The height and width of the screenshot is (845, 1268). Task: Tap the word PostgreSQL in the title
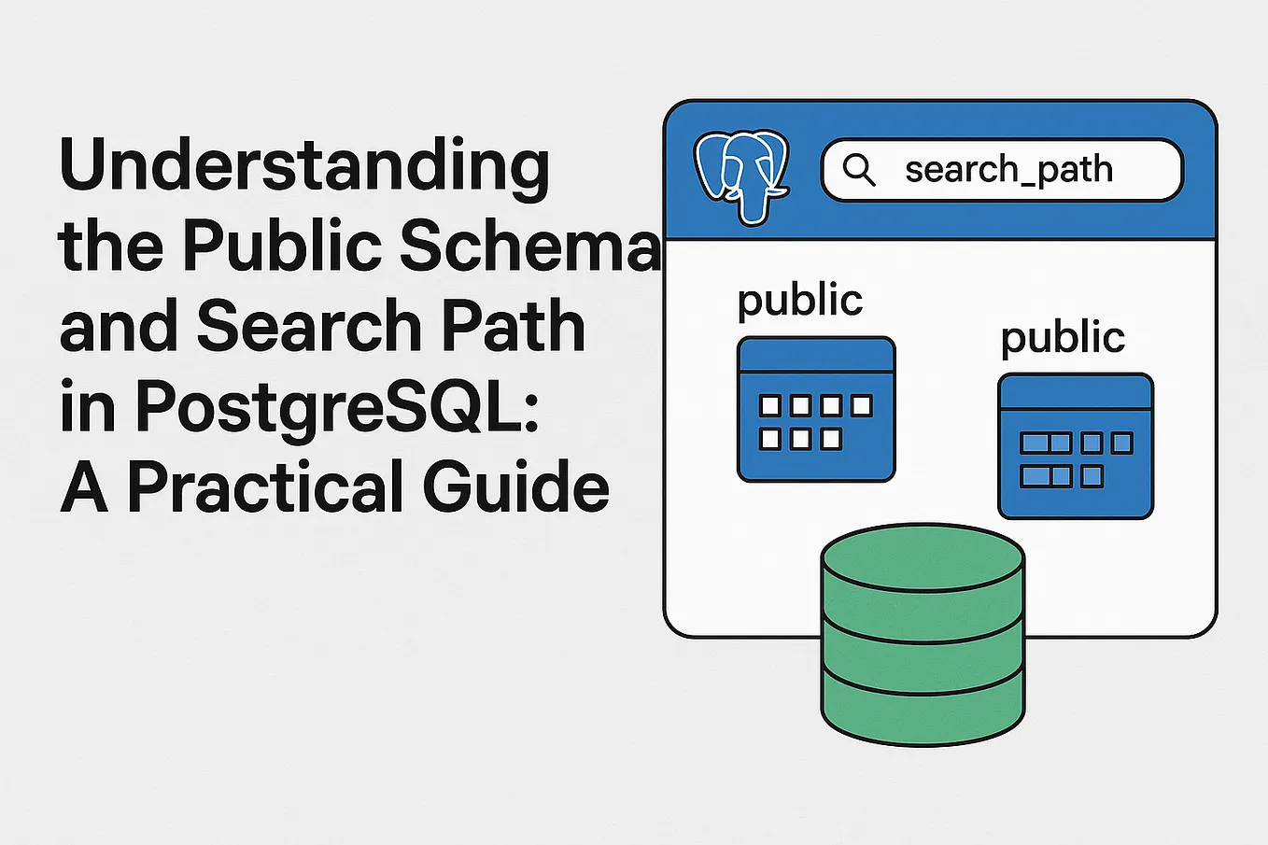pos(337,408)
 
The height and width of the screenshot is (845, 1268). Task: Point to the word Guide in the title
pos(516,488)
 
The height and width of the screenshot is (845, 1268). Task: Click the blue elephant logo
pos(741,174)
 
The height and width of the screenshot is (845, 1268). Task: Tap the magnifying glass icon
pos(858,169)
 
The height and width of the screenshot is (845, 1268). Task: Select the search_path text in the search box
pos(1008,169)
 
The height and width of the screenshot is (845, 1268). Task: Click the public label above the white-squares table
pos(799,301)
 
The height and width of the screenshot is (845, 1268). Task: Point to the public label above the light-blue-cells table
pos(1063,338)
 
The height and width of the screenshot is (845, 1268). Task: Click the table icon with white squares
pos(816,410)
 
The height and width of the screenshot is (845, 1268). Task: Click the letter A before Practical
pos(84,488)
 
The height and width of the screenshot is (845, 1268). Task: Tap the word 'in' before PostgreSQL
pos(87,408)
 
